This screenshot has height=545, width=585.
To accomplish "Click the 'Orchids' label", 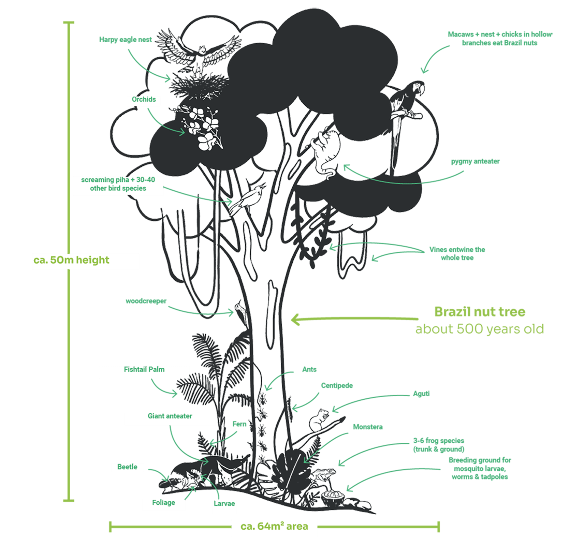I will pyautogui.click(x=144, y=100).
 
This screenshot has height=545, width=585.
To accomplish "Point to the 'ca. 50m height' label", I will pyautogui.click(x=72, y=261).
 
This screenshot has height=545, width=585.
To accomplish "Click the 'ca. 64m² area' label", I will pyautogui.click(x=274, y=527).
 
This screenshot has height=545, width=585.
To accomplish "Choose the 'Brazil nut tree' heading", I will pyautogui.click(x=480, y=312).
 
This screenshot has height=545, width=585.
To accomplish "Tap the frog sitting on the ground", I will pyautogui.click(x=323, y=474).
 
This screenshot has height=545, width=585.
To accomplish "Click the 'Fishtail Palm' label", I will pyautogui.click(x=144, y=370).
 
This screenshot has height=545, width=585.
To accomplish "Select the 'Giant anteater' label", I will pyautogui.click(x=170, y=416).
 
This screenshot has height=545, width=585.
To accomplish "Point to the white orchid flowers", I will pyautogui.click(x=203, y=128).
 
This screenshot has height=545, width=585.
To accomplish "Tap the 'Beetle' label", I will pyautogui.click(x=127, y=467).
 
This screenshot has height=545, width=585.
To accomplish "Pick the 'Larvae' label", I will pyautogui.click(x=224, y=504).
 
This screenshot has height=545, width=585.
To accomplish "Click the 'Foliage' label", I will pyautogui.click(x=164, y=503).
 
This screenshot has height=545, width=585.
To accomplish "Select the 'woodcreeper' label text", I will pyautogui.click(x=146, y=301).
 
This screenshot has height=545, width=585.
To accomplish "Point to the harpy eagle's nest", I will pyautogui.click(x=198, y=85).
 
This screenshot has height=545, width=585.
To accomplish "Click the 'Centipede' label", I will pyautogui.click(x=337, y=386).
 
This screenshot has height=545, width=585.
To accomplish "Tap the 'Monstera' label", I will pyautogui.click(x=368, y=427).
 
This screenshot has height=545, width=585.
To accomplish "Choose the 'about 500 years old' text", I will pyautogui.click(x=480, y=329).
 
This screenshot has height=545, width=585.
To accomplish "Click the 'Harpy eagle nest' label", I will pyautogui.click(x=126, y=40).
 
